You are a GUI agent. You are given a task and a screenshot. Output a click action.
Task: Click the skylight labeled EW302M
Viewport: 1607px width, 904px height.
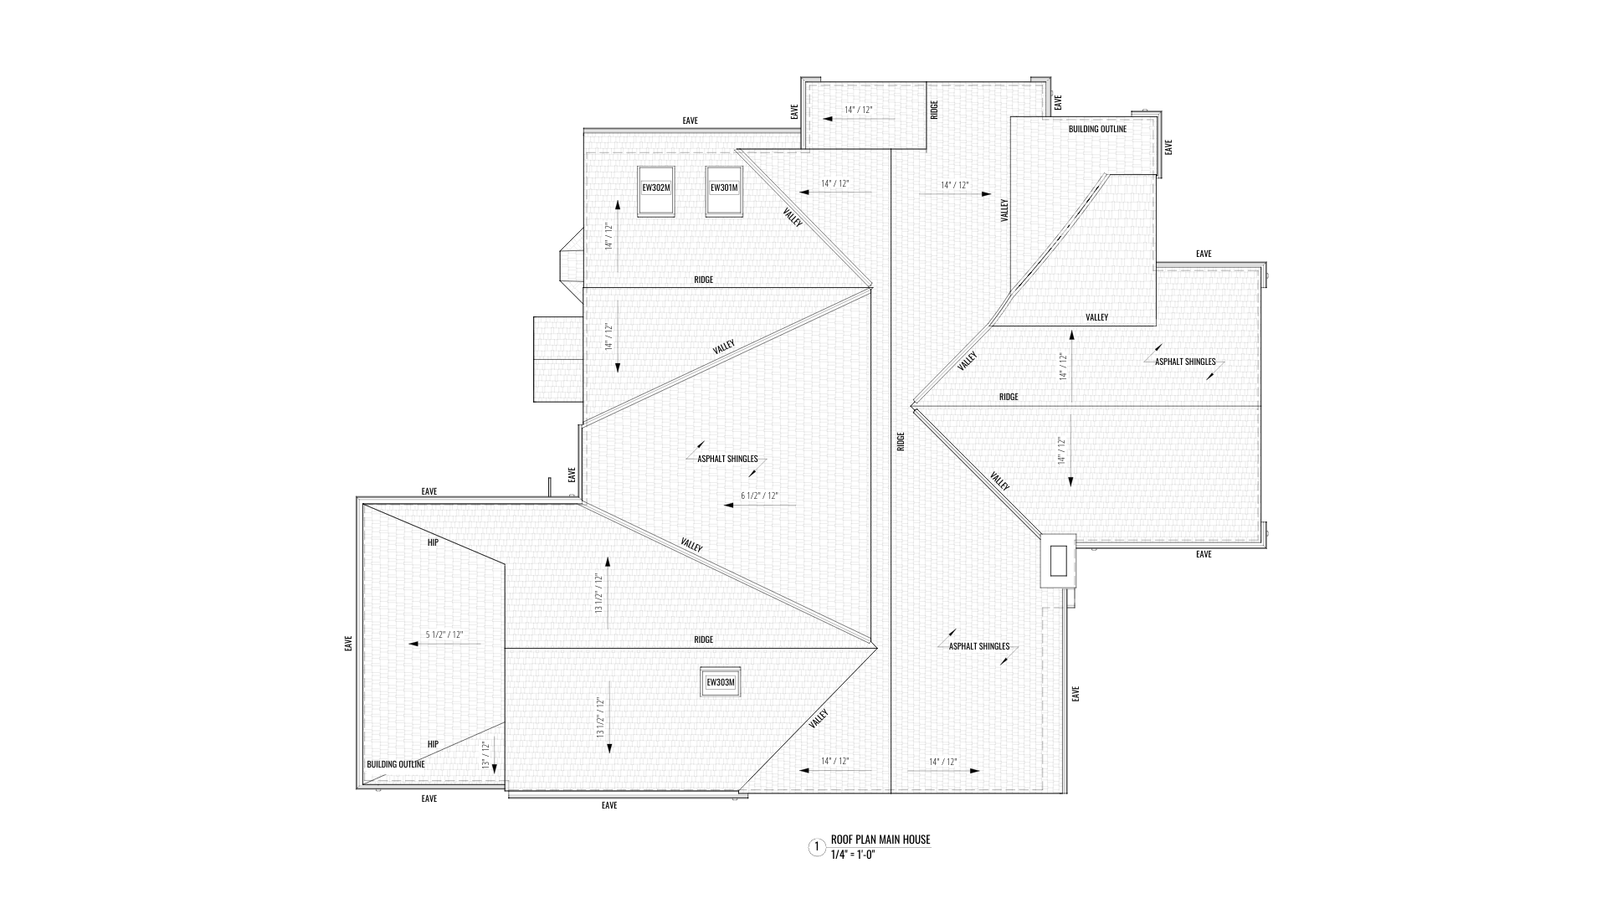655,188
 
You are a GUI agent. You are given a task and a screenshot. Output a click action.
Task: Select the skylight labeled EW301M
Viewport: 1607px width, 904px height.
724,188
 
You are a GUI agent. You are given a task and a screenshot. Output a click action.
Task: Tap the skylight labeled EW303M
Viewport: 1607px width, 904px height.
720,682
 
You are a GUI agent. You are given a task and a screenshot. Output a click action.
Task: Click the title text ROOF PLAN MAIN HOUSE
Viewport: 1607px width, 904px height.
880,840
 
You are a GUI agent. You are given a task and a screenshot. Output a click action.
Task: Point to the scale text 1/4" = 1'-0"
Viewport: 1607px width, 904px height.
852,855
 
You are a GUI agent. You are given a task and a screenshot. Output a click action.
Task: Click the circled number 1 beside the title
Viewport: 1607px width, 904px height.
816,847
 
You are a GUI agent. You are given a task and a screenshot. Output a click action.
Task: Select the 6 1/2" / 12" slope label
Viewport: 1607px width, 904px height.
759,496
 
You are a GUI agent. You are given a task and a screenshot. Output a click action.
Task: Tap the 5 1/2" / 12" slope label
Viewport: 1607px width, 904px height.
444,634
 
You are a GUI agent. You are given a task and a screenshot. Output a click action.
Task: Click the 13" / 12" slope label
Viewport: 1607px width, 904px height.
485,755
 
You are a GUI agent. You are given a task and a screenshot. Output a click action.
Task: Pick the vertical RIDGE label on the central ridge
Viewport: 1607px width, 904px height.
901,441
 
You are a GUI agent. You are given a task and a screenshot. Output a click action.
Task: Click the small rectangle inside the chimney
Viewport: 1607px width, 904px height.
1058,560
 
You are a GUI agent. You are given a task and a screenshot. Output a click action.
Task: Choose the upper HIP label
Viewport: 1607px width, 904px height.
433,542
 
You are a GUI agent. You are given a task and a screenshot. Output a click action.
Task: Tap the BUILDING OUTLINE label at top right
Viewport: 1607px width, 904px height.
1097,129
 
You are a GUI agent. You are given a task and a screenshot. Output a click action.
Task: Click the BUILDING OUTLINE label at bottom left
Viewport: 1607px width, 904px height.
396,764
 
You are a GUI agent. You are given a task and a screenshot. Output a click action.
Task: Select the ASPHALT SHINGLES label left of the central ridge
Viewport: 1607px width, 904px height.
727,459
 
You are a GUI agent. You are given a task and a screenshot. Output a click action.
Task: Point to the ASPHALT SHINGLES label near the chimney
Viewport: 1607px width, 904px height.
978,646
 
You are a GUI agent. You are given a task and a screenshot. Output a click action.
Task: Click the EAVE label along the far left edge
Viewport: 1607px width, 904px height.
348,644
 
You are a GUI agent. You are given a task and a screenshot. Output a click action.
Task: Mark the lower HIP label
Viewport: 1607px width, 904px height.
433,744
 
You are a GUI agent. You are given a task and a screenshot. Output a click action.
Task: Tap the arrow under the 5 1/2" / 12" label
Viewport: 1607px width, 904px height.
444,644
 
